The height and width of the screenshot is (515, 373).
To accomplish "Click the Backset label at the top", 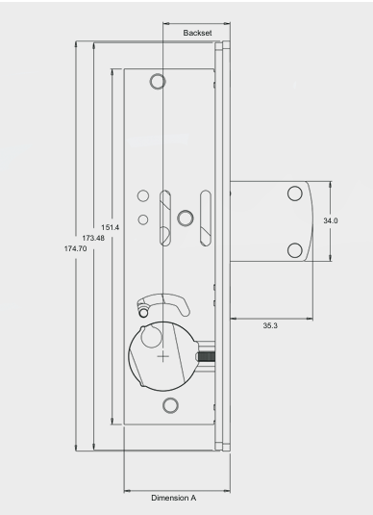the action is [197, 33].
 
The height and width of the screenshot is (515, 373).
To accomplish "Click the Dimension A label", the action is [174, 498].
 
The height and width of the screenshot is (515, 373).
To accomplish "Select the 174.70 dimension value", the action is [75, 248].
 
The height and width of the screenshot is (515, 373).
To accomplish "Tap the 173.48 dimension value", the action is [93, 238].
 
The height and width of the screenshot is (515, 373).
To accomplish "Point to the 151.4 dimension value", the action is [111, 227].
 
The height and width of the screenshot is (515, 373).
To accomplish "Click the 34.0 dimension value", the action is [331, 220].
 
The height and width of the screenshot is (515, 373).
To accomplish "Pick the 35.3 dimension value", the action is [270, 325].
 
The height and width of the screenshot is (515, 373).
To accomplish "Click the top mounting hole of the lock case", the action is [158, 81].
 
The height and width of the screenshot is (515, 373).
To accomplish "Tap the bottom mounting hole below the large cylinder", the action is [170, 405].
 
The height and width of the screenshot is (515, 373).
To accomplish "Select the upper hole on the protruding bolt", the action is [295, 193].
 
